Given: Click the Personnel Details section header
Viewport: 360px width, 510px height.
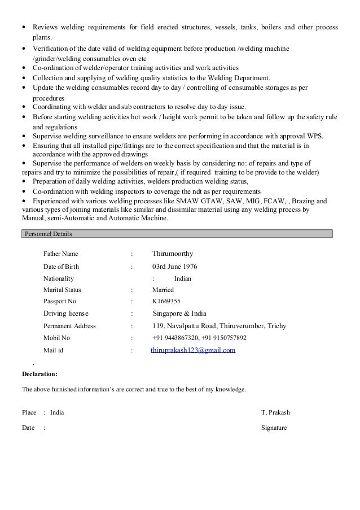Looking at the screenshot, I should click(x=48, y=233).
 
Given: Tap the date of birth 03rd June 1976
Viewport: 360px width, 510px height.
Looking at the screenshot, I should click(x=175, y=267).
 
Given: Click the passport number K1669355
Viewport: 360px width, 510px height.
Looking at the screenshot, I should click(x=166, y=302).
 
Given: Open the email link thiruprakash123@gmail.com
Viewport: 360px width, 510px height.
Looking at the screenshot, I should click(x=193, y=350).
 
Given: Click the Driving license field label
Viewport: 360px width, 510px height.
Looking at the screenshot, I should click(x=66, y=313).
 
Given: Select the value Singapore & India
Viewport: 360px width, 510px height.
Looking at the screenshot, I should click(x=179, y=313).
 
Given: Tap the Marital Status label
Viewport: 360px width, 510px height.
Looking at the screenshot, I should click(x=62, y=290).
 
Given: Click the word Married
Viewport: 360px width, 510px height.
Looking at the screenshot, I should click(x=163, y=290).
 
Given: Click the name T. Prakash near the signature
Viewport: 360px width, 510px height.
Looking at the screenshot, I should click(x=275, y=412).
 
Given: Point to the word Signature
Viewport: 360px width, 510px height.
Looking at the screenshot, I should click(x=274, y=428).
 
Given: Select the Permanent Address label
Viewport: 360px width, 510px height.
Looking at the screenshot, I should click(x=69, y=326).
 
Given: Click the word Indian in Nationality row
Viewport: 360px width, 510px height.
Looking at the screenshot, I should click(x=183, y=278).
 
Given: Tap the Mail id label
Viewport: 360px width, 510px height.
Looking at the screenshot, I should click(x=54, y=350).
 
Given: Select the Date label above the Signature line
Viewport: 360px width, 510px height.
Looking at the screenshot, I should click(x=28, y=428).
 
